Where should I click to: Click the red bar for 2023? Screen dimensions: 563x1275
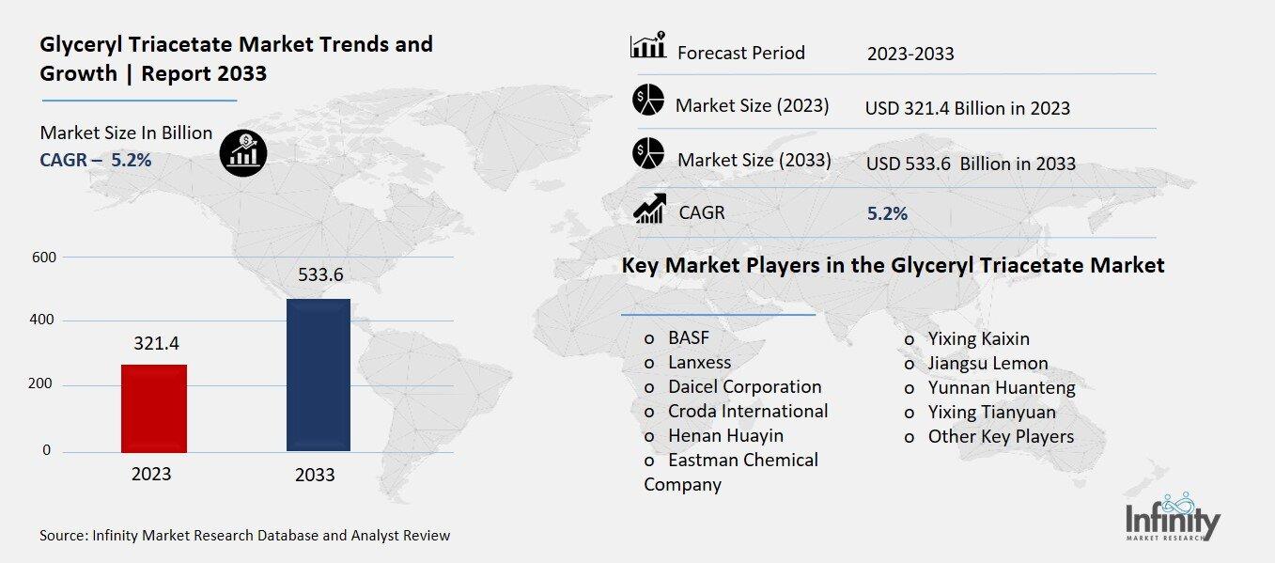pyautogui.click(x=154, y=408)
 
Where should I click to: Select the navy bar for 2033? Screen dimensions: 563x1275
pyautogui.click(x=318, y=375)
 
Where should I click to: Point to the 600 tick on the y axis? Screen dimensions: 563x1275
pyautogui.click(x=45, y=257)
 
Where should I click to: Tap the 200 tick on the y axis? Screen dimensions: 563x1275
pyautogui.click(x=45, y=385)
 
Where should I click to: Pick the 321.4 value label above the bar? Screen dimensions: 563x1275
pyautogui.click(x=156, y=343)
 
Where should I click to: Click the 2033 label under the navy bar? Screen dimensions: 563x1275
pyautogui.click(x=315, y=475)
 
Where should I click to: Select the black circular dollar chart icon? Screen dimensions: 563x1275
pyautogui.click(x=243, y=152)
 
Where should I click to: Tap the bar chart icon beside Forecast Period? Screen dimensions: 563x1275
pyautogui.click(x=647, y=47)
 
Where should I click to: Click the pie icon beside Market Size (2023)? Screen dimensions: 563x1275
pyautogui.click(x=647, y=101)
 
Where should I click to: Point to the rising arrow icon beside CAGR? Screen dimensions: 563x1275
pyautogui.click(x=649, y=209)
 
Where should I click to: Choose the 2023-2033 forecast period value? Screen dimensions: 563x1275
pyautogui.click(x=910, y=54)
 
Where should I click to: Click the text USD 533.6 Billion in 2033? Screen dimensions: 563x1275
pyautogui.click(x=971, y=164)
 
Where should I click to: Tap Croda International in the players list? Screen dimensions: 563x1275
pyautogui.click(x=748, y=411)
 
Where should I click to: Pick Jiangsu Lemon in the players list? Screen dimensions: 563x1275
pyautogui.click(x=987, y=363)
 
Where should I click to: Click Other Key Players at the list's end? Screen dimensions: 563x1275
pyautogui.click(x=1001, y=436)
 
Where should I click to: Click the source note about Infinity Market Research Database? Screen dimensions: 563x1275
pyautogui.click(x=244, y=536)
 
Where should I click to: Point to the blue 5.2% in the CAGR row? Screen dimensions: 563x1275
pyautogui.click(x=887, y=213)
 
